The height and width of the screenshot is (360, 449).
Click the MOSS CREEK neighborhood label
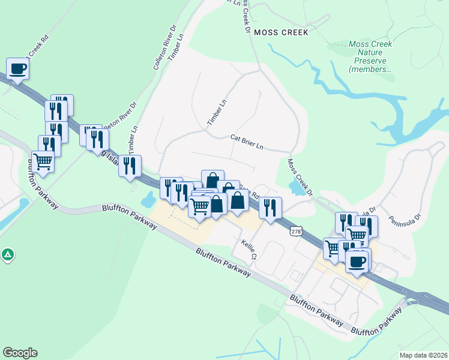280,32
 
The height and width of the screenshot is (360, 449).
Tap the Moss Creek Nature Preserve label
370,56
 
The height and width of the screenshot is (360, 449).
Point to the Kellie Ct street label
249,249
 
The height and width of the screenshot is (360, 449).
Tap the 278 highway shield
295,232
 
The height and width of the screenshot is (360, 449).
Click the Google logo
20,353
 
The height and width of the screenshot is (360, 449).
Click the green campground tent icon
7,255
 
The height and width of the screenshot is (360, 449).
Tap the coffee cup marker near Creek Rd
17,68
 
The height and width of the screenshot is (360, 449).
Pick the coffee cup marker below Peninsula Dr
358,261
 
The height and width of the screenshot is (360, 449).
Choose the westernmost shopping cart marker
43,161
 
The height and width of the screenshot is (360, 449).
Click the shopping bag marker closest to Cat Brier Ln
212,180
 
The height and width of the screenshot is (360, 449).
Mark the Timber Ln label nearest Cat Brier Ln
215,112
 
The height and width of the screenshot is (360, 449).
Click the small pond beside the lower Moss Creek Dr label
296,188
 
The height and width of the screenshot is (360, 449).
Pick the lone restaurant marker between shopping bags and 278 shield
270,208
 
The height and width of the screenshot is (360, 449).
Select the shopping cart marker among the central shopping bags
199,206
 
